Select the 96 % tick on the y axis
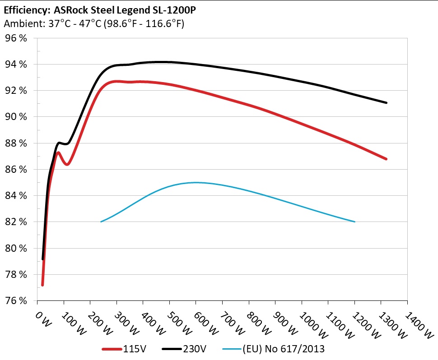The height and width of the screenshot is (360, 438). pos(16,38)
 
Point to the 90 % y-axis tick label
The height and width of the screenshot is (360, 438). pos(16,117)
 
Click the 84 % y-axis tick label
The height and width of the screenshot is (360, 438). pos(16,196)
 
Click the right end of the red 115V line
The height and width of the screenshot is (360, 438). pos(386,159)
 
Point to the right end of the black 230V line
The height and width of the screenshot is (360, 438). pos(386,103)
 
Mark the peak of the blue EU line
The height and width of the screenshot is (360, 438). pos(196,183)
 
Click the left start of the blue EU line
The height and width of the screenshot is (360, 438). pos(101,222)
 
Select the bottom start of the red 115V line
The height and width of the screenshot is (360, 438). pos(42,285)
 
